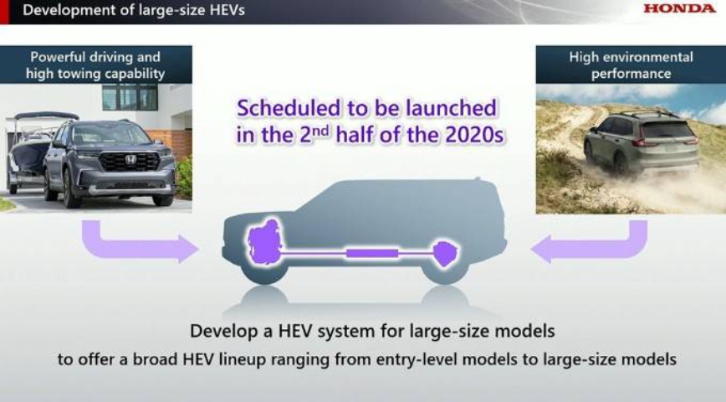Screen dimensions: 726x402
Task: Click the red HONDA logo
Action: [x=679, y=8]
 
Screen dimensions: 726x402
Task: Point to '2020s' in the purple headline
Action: [x=474, y=135]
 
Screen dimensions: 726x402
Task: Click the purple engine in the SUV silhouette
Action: [x=264, y=240]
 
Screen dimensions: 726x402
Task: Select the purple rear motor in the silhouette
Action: [x=445, y=253]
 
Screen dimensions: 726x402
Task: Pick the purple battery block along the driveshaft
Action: [x=372, y=253]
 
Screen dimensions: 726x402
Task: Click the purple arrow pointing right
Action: [x=140, y=243]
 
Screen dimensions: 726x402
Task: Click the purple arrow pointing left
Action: [x=589, y=243]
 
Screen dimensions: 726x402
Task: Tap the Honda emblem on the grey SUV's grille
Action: [x=130, y=160]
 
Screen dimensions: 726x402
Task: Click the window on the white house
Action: [x=130, y=97]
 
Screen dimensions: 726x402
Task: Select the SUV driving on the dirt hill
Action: [x=642, y=144]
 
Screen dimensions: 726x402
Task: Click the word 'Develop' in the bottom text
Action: [x=220, y=331]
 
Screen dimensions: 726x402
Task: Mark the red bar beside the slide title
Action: [x=4, y=12]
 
